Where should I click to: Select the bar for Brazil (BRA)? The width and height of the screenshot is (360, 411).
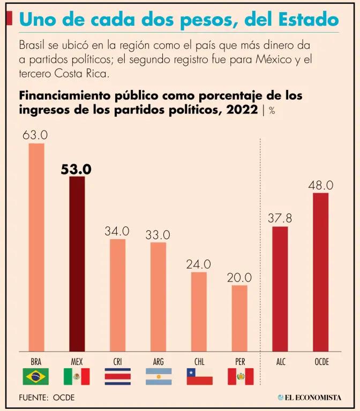(x=36, y=247)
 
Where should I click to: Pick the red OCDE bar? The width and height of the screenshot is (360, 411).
(x=320, y=271)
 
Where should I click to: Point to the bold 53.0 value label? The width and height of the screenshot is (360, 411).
(x=76, y=169)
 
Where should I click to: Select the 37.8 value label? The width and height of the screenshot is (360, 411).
(x=280, y=218)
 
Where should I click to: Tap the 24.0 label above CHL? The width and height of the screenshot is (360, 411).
(x=198, y=264)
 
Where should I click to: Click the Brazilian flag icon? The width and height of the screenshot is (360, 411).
(x=36, y=377)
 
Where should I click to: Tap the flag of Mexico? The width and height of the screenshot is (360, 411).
(x=77, y=377)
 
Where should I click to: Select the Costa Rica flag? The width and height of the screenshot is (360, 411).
(x=117, y=377)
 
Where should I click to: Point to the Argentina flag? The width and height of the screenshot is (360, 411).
(x=158, y=377)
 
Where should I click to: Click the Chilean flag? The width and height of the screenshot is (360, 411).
(x=199, y=377)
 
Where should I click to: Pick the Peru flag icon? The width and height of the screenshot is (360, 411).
(x=240, y=377)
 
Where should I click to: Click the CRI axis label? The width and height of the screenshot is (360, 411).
(x=117, y=362)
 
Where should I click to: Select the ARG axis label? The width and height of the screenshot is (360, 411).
(x=158, y=362)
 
